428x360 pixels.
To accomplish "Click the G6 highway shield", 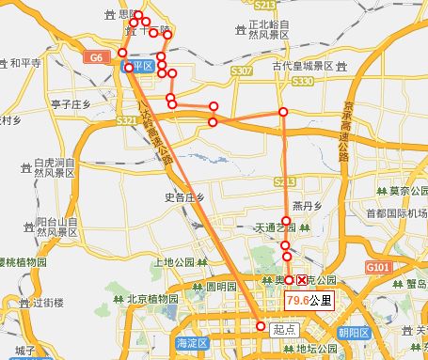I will [x=96, y=58].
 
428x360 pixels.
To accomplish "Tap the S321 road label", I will [x=127, y=120].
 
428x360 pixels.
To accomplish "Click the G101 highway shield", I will [x=377, y=268].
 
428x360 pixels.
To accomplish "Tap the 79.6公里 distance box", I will [x=309, y=301].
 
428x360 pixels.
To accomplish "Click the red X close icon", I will [x=302, y=281].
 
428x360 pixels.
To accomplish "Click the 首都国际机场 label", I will [x=395, y=211].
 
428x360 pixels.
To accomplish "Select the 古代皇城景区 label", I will [x=304, y=67].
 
